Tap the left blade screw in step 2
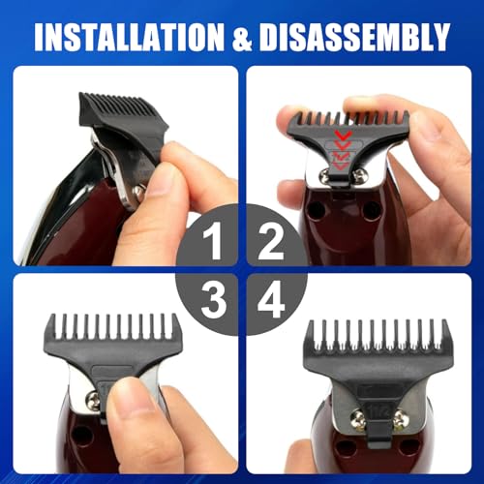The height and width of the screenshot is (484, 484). (318, 177)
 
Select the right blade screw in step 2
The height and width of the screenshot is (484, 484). (361, 175)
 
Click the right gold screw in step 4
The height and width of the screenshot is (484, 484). (399, 417)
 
